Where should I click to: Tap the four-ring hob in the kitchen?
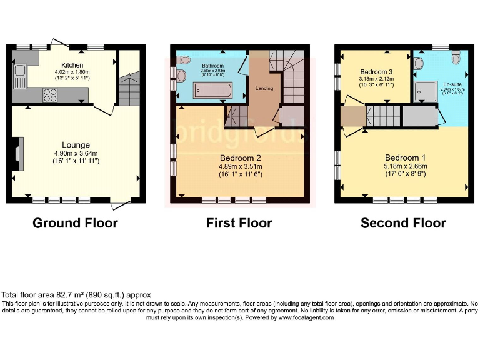pos(50,95)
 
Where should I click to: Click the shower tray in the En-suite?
pos(427,92)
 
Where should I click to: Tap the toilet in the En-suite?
pos(456,58)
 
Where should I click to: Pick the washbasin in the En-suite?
pos(419,63)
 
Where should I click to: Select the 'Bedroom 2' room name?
pos(241,157)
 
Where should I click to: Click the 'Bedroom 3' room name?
pos(376,71)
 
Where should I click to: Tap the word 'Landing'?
pos(264,89)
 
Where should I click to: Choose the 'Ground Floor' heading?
pos(75,223)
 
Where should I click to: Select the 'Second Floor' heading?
pos(403,223)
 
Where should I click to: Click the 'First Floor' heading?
pos(239,223)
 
